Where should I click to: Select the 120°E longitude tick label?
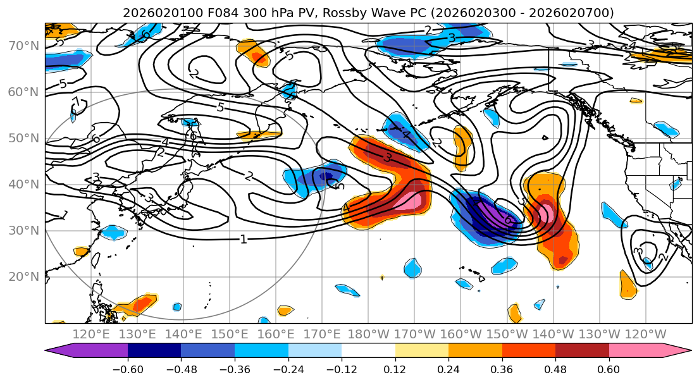(x=92, y=334)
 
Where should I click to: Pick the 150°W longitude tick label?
(x=506, y=334)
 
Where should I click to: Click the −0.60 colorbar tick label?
(x=128, y=369)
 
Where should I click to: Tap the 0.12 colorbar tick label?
(x=395, y=369)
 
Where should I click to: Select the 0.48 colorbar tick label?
(x=555, y=369)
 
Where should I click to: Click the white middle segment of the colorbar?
(x=368, y=352)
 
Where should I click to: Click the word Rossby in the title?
(x=361, y=13)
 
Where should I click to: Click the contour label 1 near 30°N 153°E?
(x=243, y=239)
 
